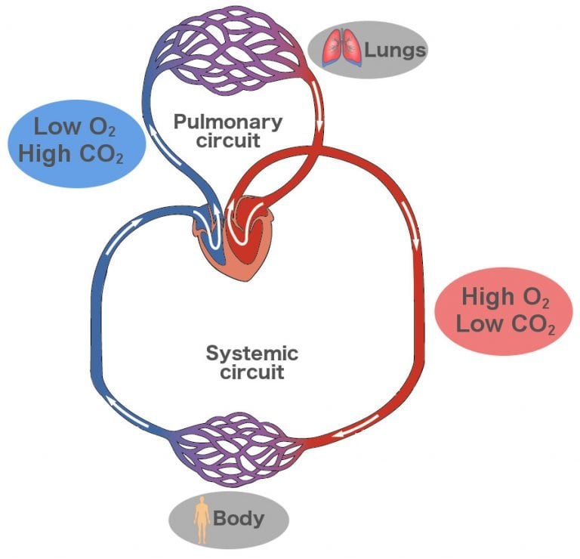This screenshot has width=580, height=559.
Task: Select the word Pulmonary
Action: tap(227, 122)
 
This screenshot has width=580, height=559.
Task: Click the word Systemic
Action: tap(252, 353)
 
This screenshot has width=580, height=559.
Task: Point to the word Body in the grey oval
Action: tap(239, 518)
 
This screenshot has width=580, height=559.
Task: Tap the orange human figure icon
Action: tap(202, 520)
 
